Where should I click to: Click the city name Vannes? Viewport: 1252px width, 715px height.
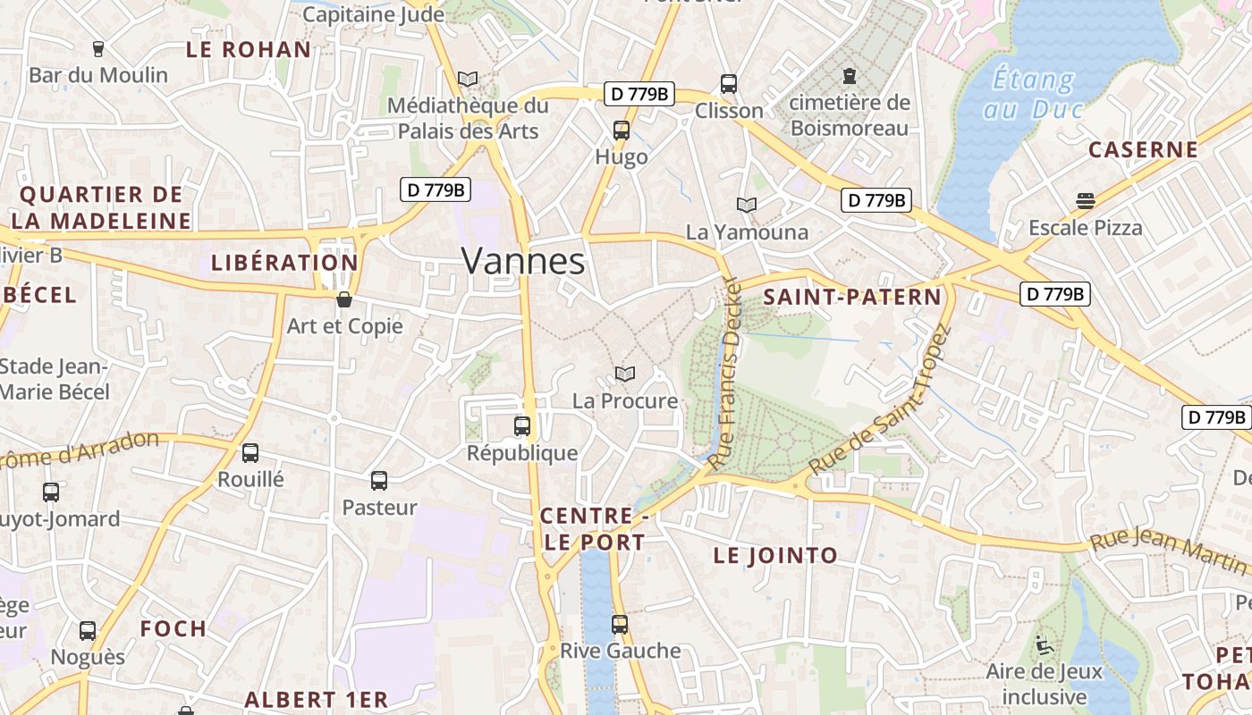[523, 261]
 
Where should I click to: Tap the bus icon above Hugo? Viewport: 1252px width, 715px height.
[622, 130]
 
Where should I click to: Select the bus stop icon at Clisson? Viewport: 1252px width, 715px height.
[729, 84]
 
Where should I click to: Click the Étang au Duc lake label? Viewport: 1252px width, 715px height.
[1034, 94]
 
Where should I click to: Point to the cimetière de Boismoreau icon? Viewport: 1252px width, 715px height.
[849, 75]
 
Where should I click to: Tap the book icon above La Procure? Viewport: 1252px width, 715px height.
[625, 374]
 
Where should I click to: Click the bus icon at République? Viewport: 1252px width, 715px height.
[522, 426]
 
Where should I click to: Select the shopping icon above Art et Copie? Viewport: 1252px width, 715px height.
[344, 299]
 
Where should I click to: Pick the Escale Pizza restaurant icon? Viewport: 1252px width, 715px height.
[1086, 201]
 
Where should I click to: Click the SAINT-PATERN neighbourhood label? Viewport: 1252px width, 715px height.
[852, 297]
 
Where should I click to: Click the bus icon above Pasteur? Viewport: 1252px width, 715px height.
[379, 481]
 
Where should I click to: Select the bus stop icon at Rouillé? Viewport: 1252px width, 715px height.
[250, 453]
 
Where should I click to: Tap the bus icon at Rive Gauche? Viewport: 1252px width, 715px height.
[620, 624]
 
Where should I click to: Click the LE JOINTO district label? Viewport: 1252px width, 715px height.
[775, 555]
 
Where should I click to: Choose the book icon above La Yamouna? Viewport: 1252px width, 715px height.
[747, 205]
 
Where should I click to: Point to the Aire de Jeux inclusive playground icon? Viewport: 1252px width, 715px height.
[1044, 644]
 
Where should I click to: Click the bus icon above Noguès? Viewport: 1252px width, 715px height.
[88, 630]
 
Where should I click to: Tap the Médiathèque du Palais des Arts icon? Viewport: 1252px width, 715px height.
[468, 79]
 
